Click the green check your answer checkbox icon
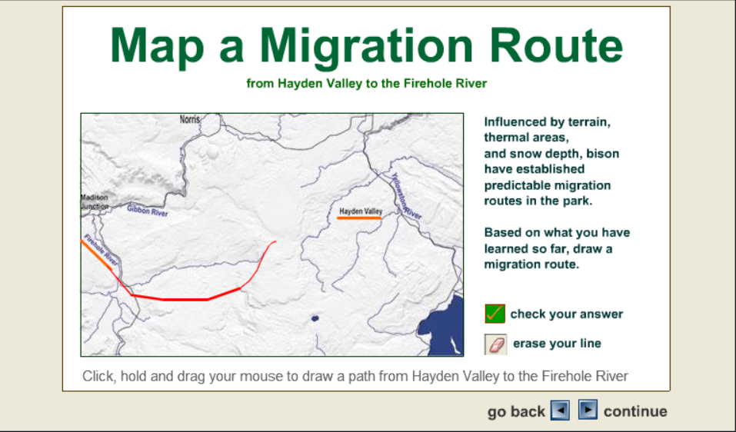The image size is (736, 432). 495,314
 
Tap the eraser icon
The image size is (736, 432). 495,344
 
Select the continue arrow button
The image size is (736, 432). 588,410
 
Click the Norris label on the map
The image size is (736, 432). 190,120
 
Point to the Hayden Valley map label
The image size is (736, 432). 361,211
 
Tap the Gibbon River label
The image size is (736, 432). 148,211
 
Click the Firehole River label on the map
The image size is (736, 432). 101,250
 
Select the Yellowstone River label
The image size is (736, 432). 407,196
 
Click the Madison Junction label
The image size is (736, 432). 95,202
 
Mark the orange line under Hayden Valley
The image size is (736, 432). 359,218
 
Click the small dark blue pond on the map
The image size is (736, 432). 315,318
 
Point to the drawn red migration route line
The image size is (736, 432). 185,299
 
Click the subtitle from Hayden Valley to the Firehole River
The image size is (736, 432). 367,84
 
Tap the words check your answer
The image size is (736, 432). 567,314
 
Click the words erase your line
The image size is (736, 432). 557,344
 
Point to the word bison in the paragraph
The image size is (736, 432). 603,154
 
